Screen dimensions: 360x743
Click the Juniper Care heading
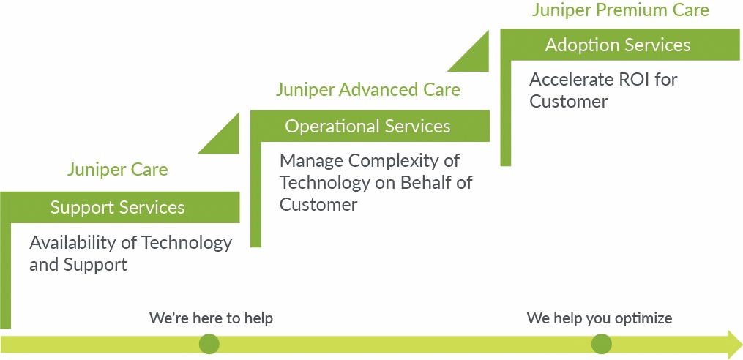tap(117, 170)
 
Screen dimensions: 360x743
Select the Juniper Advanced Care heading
tap(367, 90)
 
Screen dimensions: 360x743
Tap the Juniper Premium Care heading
tap(620, 10)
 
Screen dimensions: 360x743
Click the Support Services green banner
tap(117, 208)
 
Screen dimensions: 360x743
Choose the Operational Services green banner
tap(367, 127)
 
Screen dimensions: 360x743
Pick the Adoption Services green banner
tap(618, 45)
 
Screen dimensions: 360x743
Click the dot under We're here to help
tap(209, 343)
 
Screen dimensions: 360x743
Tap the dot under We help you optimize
tap(601, 343)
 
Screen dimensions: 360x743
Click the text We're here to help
tap(211, 318)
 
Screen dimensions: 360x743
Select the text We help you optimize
tap(599, 318)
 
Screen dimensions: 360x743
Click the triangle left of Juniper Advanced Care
tap(224, 137)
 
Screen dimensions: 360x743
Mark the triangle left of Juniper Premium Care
tap(474, 55)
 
